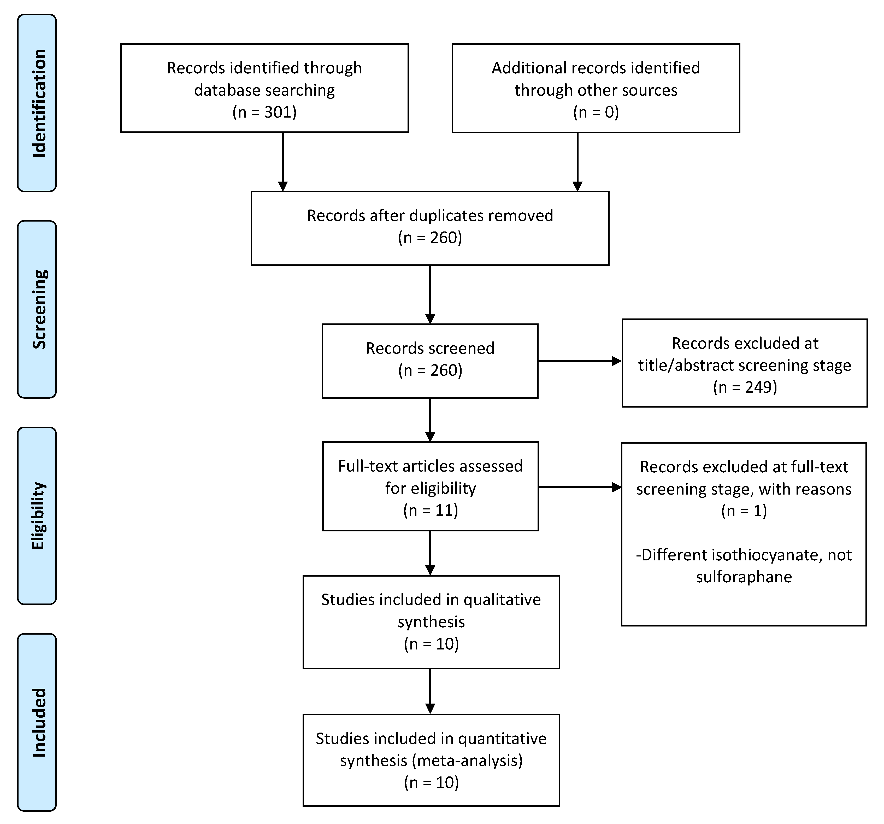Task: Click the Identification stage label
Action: point(39,103)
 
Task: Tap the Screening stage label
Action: point(39,309)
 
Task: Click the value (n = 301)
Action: point(264,112)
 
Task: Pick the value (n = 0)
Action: point(596,112)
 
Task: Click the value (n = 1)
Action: point(744,510)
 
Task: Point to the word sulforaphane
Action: point(744,577)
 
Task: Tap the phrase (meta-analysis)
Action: point(467,760)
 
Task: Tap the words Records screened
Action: point(430,348)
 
